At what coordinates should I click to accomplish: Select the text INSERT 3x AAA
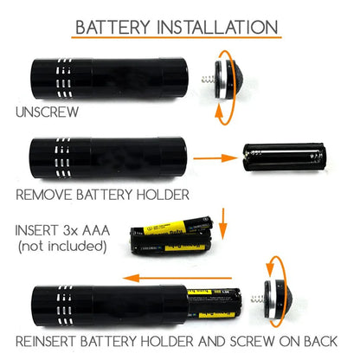coord(56,231)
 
